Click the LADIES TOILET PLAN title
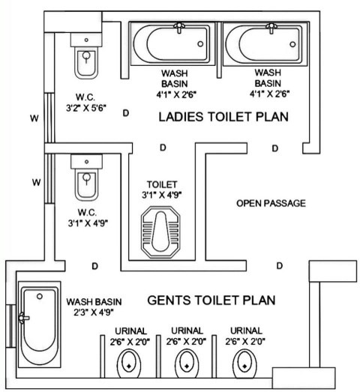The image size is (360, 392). tap(223, 117)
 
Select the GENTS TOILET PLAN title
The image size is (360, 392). tap(211, 301)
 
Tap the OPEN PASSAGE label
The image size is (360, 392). tap(271, 203)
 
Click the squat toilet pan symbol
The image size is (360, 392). tap(160, 232)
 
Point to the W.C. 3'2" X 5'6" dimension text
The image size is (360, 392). tap(86, 103)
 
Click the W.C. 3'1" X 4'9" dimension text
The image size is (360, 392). tap(88, 218)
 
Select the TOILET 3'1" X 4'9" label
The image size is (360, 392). tap(161, 190)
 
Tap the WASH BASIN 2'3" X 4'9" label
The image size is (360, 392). tap(94, 307)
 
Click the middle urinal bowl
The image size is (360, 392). tap(187, 364)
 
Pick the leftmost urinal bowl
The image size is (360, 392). tap(129, 364)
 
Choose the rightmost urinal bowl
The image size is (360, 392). tap(244, 364)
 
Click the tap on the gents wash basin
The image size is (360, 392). tap(24, 318)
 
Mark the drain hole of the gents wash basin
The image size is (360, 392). tap(40, 297)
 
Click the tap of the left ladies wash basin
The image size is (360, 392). tap(178, 27)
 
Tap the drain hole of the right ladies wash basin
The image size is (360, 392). tap(292, 44)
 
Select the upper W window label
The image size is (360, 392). tap(34, 118)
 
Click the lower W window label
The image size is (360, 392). tap(36, 182)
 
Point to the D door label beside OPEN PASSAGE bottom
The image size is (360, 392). tap(280, 265)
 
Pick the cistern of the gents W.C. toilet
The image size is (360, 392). tap(86, 161)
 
